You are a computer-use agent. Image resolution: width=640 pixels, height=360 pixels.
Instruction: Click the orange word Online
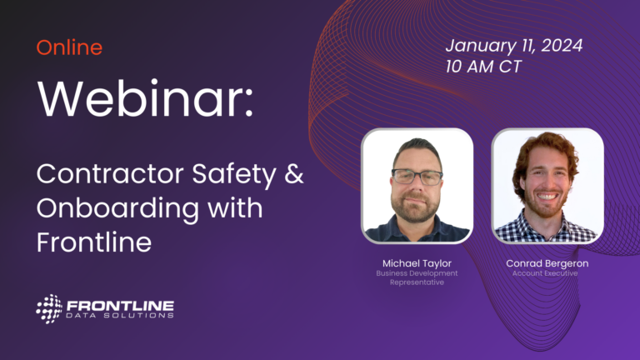[x=69, y=47]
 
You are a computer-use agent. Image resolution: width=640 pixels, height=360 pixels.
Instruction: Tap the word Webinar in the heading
[x=140, y=99]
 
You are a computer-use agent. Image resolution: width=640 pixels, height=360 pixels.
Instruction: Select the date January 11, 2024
[x=514, y=45]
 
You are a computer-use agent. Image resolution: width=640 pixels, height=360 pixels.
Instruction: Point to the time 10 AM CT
[x=483, y=67]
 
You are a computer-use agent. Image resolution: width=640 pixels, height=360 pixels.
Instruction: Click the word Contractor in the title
[x=110, y=174]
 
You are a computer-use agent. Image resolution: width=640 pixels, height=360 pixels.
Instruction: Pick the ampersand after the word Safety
[x=294, y=174]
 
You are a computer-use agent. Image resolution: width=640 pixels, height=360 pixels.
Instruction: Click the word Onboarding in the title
[x=118, y=209]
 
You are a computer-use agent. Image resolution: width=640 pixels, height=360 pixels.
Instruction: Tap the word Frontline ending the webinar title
[x=94, y=242]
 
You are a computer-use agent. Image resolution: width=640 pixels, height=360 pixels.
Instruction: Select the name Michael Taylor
[x=417, y=263]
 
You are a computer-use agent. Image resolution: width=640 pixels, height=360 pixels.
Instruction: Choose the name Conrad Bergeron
[x=547, y=263]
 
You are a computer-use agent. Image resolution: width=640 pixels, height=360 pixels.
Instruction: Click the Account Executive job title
[x=545, y=273]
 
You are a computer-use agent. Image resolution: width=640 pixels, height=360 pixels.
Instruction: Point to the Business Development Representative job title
[x=417, y=277]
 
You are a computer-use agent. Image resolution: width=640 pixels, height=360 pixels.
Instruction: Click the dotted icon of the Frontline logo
[x=49, y=309]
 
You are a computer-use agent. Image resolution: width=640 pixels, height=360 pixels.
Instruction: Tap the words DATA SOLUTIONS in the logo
[x=120, y=315]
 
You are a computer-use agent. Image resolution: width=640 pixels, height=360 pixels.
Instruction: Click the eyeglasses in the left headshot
[x=417, y=177]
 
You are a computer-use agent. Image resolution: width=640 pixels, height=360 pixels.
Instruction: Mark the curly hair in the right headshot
[x=545, y=155]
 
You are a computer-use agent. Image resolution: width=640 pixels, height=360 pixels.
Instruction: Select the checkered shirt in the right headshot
[x=546, y=227]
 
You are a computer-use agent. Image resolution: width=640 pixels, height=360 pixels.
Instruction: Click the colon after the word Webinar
[x=249, y=104]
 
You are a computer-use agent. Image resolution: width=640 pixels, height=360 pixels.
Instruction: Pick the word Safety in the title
[x=234, y=175]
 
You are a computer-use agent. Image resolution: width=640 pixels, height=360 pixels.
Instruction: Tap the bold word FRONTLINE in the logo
[x=120, y=306]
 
